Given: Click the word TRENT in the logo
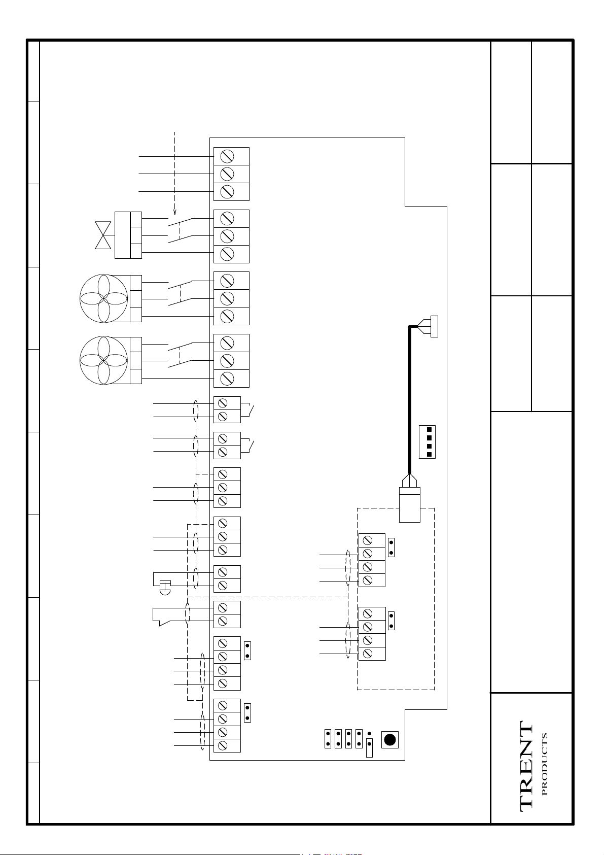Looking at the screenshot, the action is click(x=526, y=767).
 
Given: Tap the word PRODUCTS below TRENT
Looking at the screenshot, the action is click(x=545, y=764).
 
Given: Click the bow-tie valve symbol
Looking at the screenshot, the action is click(x=103, y=235).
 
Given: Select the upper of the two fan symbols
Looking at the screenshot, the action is click(x=103, y=298).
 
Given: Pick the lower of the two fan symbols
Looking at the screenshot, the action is click(x=103, y=361).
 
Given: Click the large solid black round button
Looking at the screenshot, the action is click(x=389, y=739).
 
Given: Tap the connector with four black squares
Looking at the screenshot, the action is click(x=428, y=442).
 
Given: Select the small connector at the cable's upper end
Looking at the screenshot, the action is click(x=434, y=326).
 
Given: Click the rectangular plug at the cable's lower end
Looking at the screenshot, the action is click(x=410, y=504).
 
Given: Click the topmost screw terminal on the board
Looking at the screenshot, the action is click(x=227, y=156).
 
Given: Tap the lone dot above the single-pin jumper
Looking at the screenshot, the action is click(x=369, y=734).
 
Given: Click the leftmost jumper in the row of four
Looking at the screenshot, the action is click(x=328, y=739).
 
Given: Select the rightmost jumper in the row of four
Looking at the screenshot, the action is click(x=359, y=739).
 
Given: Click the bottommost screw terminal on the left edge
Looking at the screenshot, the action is click(x=222, y=745).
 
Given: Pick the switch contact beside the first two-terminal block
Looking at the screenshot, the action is click(x=250, y=410).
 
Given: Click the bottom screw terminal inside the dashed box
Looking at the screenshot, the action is click(x=368, y=654).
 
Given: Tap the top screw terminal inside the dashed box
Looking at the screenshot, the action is click(x=368, y=540).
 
